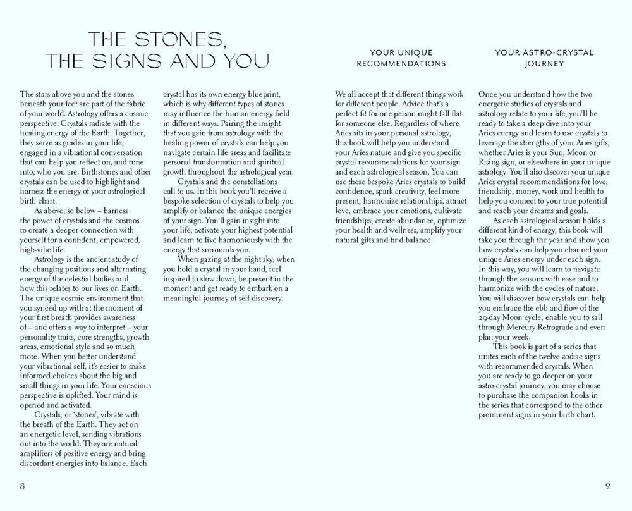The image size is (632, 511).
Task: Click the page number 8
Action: (x=22, y=486)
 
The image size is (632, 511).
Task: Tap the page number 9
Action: (x=607, y=486)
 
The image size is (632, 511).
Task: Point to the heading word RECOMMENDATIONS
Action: (x=401, y=63)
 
